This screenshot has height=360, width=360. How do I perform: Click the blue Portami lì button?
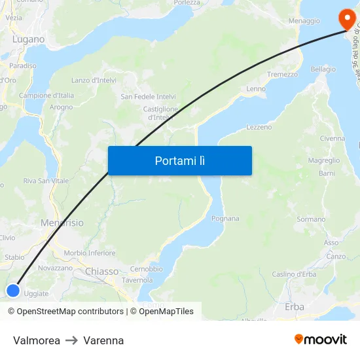pos(179,160)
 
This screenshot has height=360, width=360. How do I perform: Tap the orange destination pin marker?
pos(344,18)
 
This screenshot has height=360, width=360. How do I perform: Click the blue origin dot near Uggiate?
pos(12,291)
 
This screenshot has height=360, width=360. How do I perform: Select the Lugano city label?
pos(28,39)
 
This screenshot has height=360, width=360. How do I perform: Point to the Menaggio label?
pos(304,21)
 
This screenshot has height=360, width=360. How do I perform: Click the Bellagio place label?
pos(323,69)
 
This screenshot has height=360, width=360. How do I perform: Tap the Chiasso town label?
pos(101,271)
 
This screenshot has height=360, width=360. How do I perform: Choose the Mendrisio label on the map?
pos(62,223)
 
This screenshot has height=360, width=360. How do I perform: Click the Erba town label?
pos(295,306)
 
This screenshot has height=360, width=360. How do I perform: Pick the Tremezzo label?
pos(282,75)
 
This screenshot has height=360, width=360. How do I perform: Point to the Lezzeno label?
pos(259,127)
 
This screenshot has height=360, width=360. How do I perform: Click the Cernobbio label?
pos(146,269)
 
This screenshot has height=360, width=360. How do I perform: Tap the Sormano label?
pos(310,219)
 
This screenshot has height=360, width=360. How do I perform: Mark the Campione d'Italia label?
pos(46,96)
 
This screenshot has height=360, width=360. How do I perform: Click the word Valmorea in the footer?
pos(37,340)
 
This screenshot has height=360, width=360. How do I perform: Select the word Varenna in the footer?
pos(103,340)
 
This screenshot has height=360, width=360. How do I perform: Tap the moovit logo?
pos(320,339)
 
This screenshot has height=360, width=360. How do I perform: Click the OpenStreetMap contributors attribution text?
pos(65,312)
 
